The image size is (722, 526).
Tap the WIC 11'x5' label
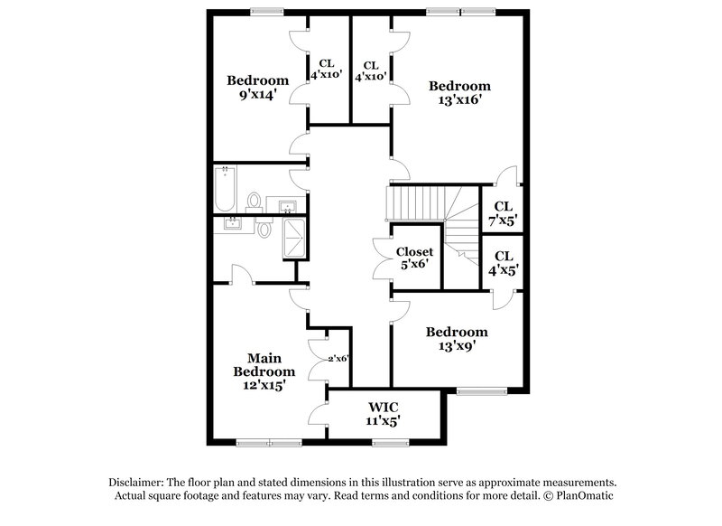384,413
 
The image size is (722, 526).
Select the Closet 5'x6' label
415,258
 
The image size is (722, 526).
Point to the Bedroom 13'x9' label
457,338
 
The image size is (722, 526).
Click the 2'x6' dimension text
338,359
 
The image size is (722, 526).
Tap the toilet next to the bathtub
255,200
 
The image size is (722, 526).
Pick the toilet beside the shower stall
264,230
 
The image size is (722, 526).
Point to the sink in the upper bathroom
291,207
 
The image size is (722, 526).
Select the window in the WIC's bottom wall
390,442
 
